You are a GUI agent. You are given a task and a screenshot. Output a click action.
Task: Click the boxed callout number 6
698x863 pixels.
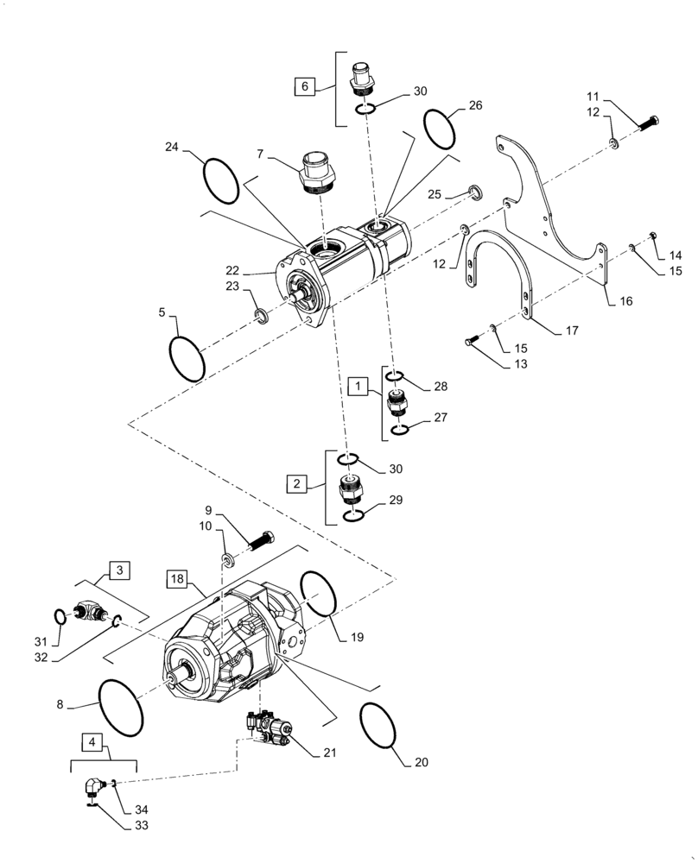pos(303,86)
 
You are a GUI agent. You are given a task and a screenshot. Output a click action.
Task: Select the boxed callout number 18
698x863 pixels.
pos(176,578)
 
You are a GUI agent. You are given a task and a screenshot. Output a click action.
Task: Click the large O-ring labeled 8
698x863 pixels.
pos(120,708)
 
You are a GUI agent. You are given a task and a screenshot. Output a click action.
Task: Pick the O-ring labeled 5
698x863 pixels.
pos(187,357)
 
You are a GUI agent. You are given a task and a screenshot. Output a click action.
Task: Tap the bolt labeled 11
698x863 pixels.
pos(649,123)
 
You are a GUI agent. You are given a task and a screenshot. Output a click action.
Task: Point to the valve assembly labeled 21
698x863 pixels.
pos(267,726)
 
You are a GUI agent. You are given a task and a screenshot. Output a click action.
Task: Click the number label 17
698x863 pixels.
pos(571,331)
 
